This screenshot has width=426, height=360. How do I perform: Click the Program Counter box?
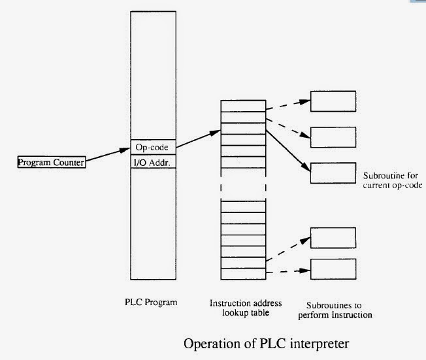51,162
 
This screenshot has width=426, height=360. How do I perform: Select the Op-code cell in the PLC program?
154,147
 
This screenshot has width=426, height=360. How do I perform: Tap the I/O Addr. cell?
154,161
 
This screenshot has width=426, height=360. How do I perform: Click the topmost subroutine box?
333,101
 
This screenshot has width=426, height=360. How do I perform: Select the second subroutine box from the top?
333,137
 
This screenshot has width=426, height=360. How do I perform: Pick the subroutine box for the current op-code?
333,172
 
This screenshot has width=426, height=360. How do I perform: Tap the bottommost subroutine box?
333,269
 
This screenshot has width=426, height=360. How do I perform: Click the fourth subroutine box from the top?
333,238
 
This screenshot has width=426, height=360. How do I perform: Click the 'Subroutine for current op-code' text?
391,181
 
